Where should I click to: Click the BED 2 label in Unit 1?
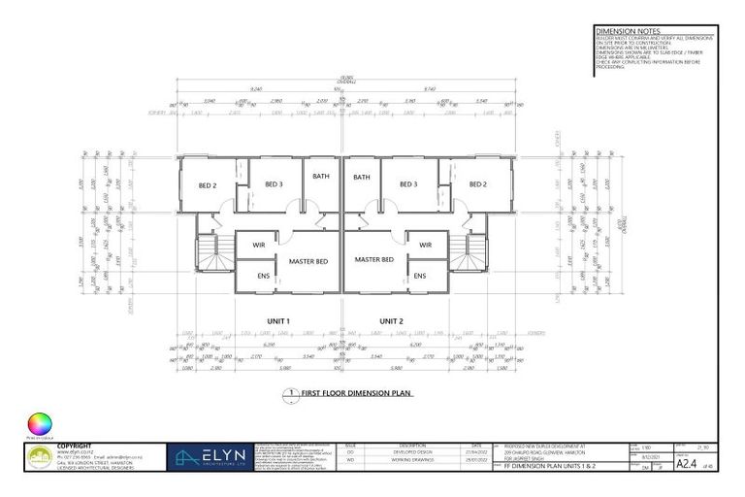pyautogui.click(x=208, y=184)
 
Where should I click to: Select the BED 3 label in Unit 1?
pyautogui.click(x=274, y=184)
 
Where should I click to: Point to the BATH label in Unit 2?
pyautogui.click(x=362, y=178)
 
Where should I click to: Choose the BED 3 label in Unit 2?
pyautogui.click(x=408, y=184)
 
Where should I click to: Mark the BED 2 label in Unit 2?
pyautogui.click(x=476, y=184)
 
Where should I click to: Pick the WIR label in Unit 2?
pyautogui.click(x=425, y=245)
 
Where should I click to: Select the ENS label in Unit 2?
pyautogui.click(x=420, y=276)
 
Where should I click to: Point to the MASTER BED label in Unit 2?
pyautogui.click(x=374, y=259)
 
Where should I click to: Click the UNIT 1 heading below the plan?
pyautogui.click(x=279, y=320)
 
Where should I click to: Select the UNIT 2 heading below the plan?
pyautogui.click(x=391, y=320)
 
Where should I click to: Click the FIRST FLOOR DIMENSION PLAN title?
pyautogui.click(x=356, y=394)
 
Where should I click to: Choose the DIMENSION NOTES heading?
pyautogui.click(x=620, y=31)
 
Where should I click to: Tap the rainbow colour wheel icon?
pyautogui.click(x=40, y=424)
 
